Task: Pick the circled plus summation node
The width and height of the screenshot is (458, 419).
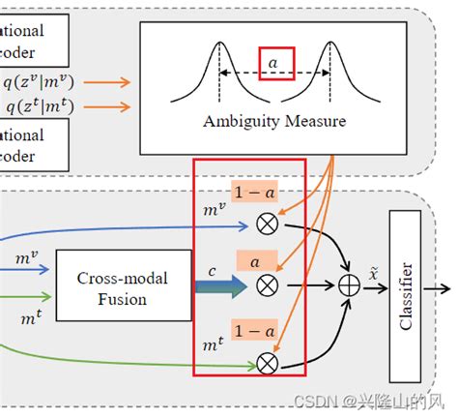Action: (x=349, y=287)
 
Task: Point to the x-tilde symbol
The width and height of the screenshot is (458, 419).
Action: (x=372, y=276)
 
